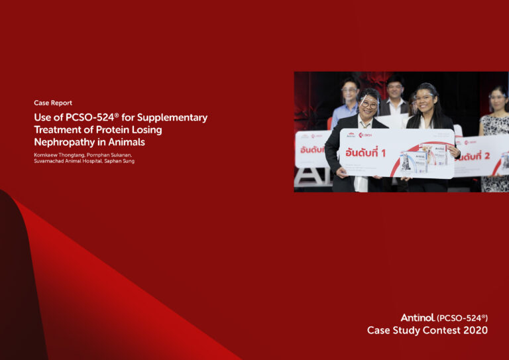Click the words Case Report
tap(53, 103)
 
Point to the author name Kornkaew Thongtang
tap(55, 154)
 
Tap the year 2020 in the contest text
tap(475, 330)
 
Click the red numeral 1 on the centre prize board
tap(382, 153)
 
